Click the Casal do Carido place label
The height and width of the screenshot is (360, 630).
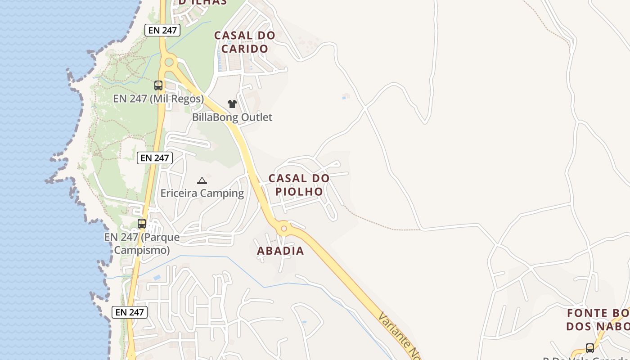coord(244,42)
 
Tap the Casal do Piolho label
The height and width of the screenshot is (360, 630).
coord(299,184)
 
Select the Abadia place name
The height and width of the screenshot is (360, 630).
coord(280,251)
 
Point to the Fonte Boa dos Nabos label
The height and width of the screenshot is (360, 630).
coord(598,319)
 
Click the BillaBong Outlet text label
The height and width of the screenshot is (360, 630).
coord(232,117)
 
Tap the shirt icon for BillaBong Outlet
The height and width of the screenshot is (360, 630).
coord(232,104)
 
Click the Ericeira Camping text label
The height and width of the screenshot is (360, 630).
coord(202,193)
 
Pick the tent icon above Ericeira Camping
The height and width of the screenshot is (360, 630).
coord(202,181)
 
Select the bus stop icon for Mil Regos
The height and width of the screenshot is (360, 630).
coord(158,85)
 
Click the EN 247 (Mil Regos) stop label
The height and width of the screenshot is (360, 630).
coord(158,99)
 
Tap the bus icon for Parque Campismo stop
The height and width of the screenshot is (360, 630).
coord(142,223)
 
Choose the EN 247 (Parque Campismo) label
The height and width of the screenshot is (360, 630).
coord(142,243)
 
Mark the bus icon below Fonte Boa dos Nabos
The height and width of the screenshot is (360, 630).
coord(589,348)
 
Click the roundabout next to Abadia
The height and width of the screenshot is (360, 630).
coord(283,229)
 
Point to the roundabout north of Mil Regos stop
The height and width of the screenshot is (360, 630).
coord(169,62)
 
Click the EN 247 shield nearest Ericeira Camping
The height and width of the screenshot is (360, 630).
coord(155,158)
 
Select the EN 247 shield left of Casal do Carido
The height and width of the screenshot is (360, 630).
coord(162,31)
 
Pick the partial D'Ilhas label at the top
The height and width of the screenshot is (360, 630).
coord(202,2)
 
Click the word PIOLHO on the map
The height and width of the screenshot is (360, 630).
coord(299,192)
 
